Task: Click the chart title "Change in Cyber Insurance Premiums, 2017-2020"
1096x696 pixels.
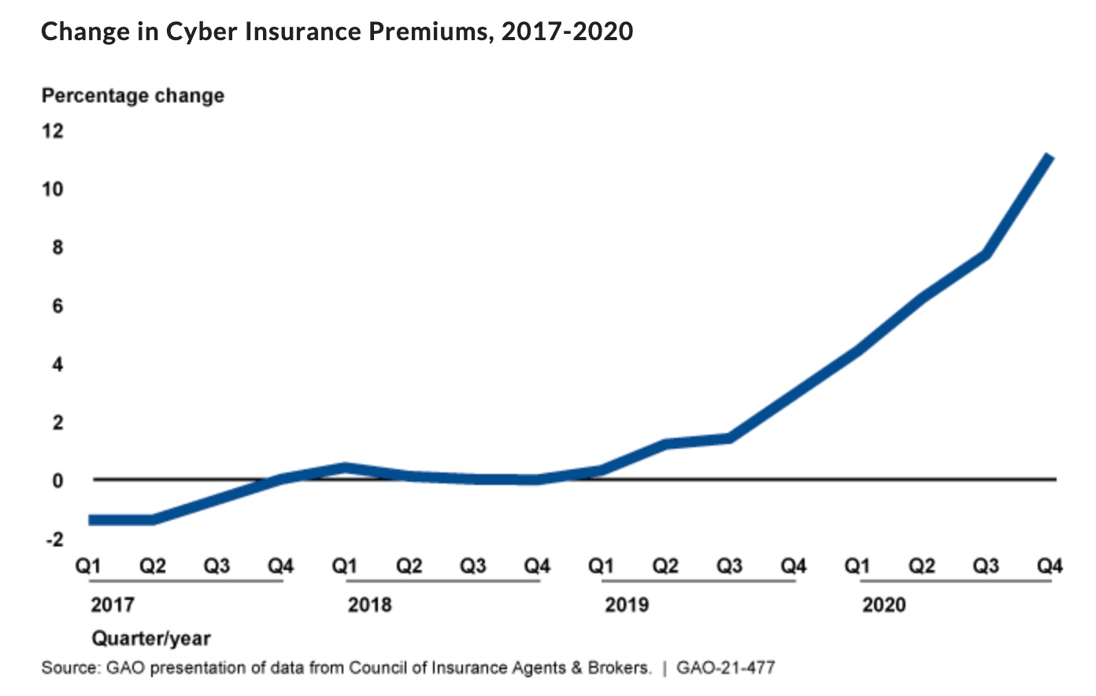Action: pos(337,31)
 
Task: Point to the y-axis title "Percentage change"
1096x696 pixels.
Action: pos(132,96)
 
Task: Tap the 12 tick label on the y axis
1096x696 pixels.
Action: pos(52,131)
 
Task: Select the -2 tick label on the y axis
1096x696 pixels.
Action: pos(54,539)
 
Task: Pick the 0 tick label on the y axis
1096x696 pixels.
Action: pos(57,480)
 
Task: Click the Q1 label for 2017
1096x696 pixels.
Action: pos(88,565)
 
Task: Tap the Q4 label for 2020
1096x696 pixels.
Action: pos(1050,565)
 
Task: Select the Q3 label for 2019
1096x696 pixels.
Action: pos(729,565)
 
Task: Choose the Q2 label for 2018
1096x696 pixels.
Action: pos(409,565)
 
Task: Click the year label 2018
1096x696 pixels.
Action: pos(369,605)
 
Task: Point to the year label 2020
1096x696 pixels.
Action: pos(883,605)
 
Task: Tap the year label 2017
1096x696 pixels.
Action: pos(112,605)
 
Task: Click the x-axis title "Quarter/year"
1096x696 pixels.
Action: pos(151,638)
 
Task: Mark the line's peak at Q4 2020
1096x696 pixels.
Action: pos(1050,156)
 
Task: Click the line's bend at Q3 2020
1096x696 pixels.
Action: pos(986,254)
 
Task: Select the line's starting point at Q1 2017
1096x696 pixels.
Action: pos(91,520)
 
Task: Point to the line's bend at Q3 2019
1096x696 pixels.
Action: pos(730,438)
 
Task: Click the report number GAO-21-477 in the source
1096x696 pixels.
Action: pos(725,668)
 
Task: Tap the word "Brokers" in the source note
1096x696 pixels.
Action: pos(620,668)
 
